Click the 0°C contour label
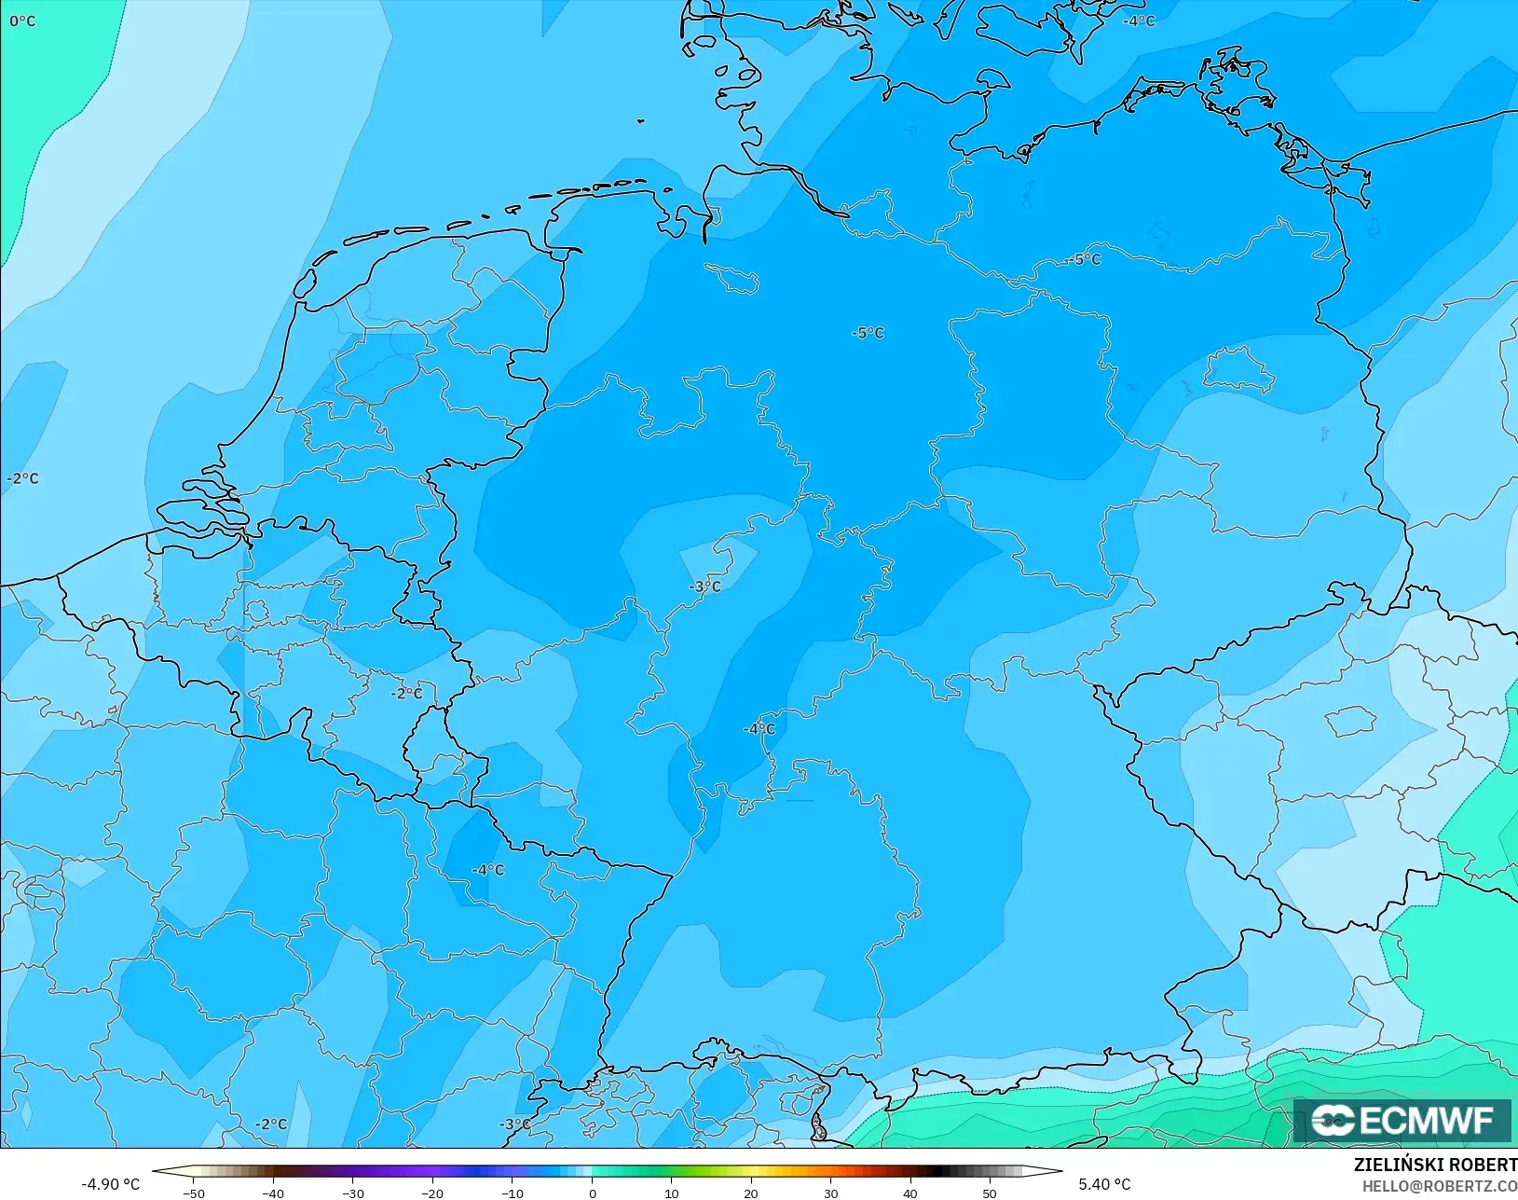point(22,21)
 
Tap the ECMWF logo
point(1402,1120)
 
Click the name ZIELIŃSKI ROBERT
point(1435,1166)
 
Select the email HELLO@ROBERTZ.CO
point(1440,1186)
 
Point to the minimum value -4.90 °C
point(110,1184)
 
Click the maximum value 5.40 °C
point(1104,1184)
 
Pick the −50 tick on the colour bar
point(194,1193)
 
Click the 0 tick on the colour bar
point(592,1193)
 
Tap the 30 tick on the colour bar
point(830,1193)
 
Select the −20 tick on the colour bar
point(432,1193)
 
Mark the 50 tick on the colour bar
point(990,1193)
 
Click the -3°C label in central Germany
point(705,586)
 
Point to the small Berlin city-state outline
point(1239,370)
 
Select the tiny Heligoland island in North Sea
point(642,120)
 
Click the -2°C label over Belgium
point(406,693)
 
